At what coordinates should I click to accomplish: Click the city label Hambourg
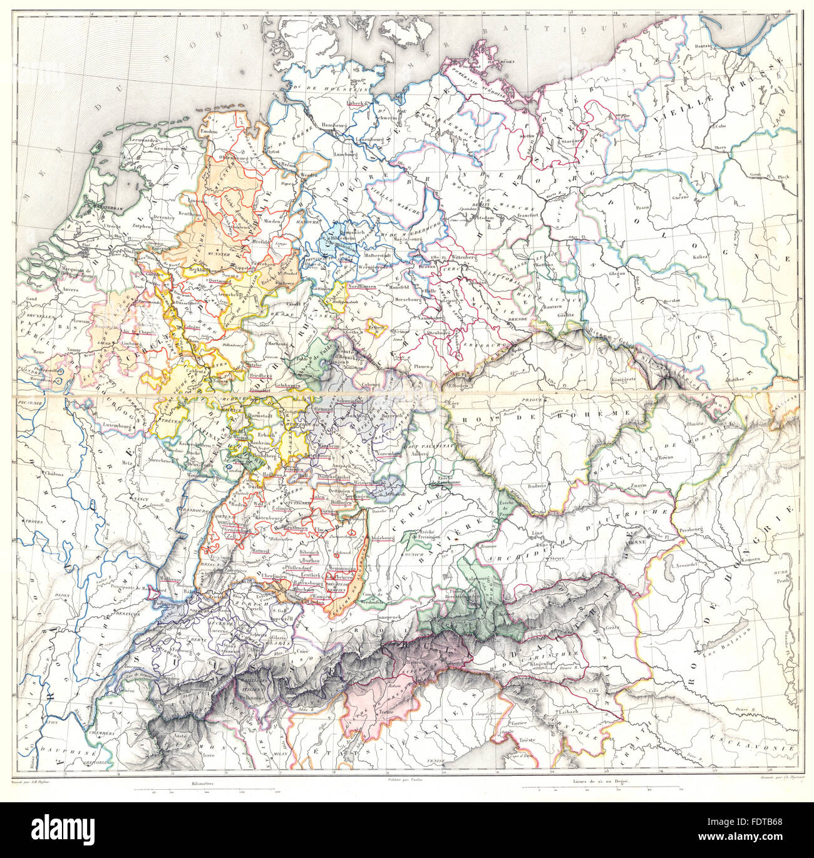333,125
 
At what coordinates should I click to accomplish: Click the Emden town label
209,131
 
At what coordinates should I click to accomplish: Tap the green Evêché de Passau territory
505,502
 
